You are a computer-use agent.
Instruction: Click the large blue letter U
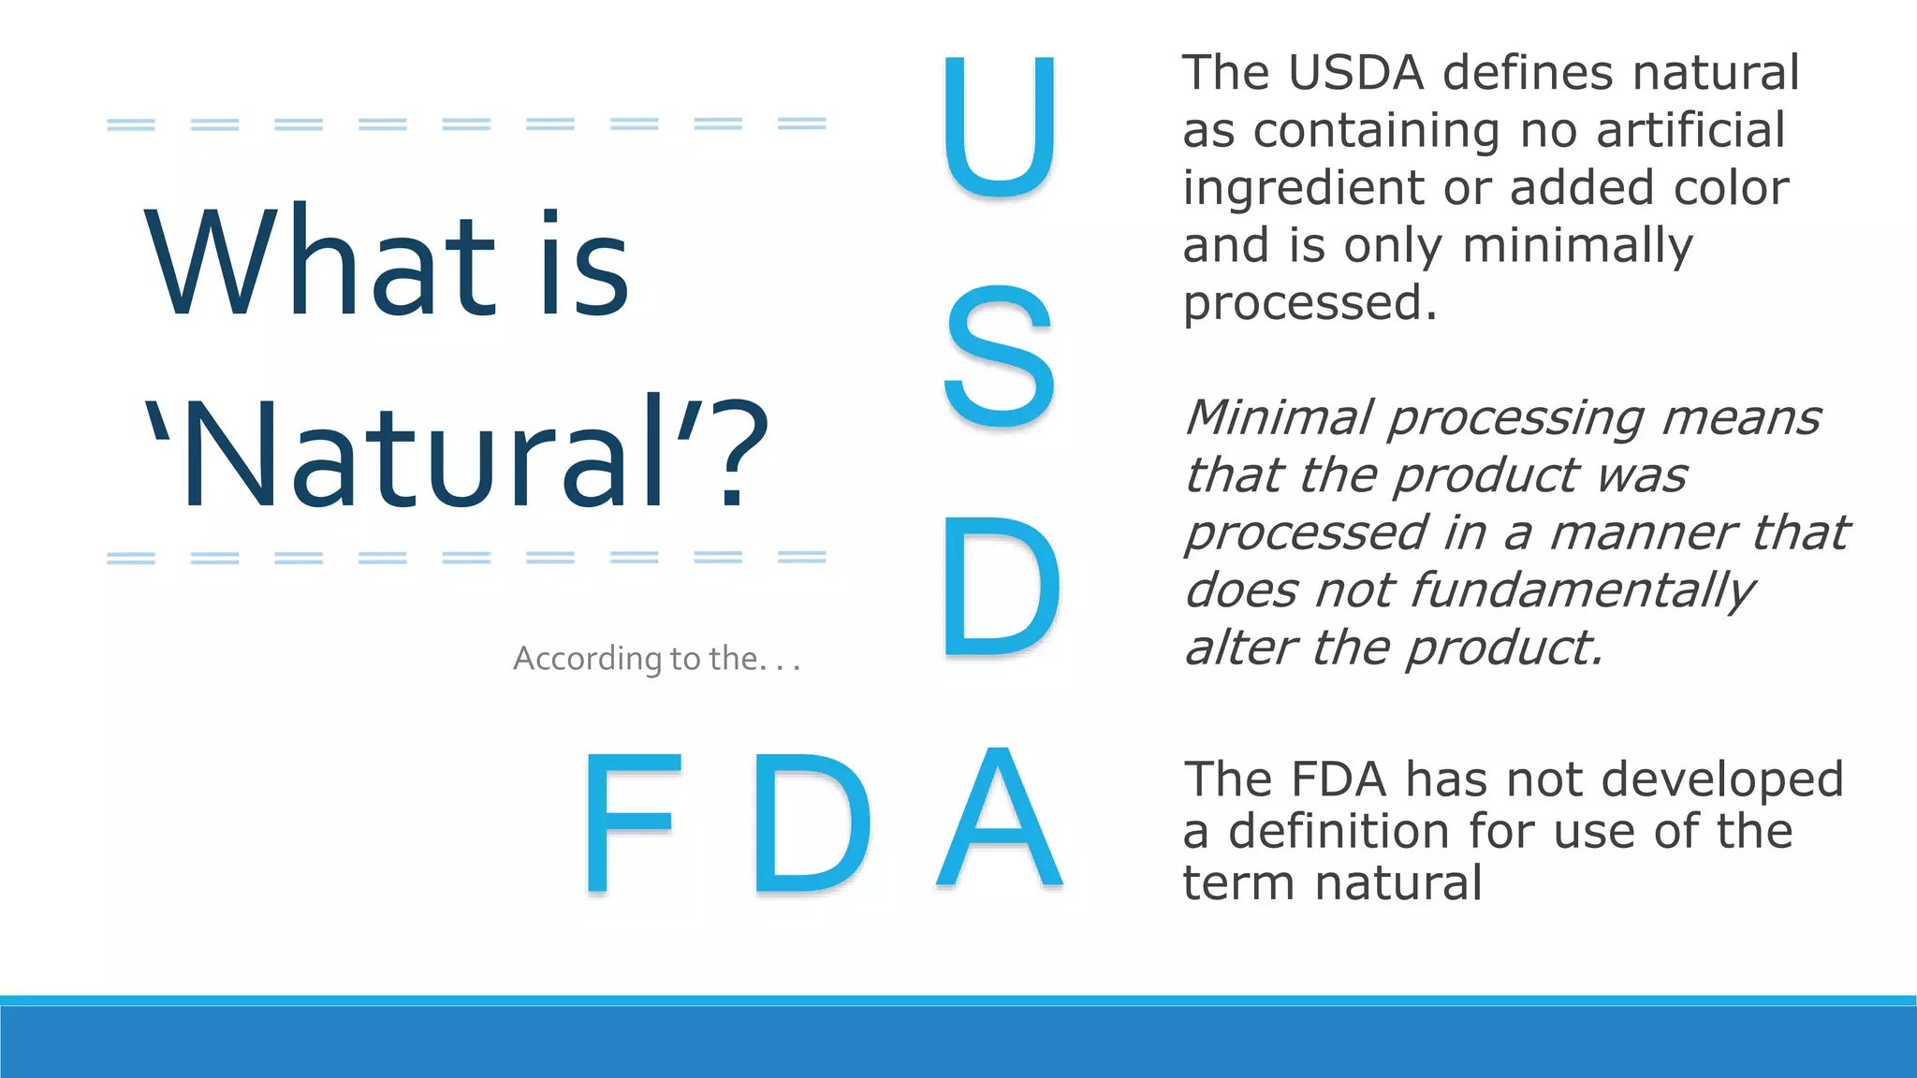click(x=1000, y=126)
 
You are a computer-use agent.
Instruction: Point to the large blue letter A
click(x=1000, y=819)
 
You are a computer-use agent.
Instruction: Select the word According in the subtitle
click(x=587, y=659)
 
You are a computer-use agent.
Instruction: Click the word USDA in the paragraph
click(x=1355, y=73)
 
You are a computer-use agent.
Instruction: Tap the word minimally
click(x=1577, y=246)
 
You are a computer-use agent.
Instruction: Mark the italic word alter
click(x=1240, y=648)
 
